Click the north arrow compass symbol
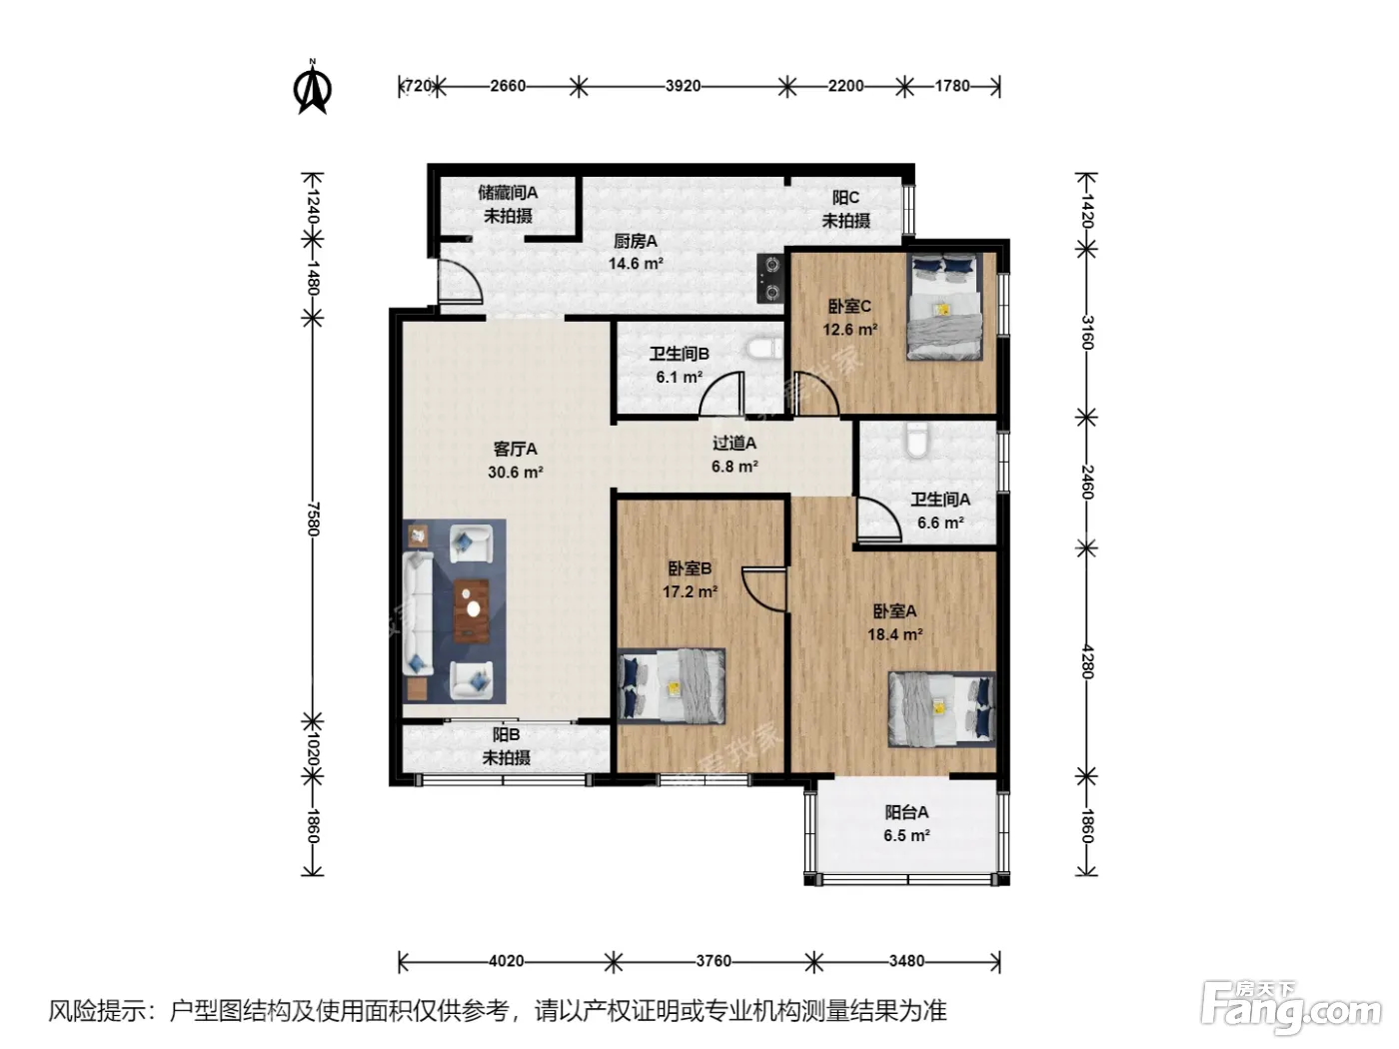tap(313, 87)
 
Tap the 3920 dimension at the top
tap(683, 86)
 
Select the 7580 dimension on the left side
tap(313, 519)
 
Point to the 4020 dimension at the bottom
tap(506, 960)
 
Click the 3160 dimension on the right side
tap(1087, 333)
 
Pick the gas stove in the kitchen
tap(770, 278)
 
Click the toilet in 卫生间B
tap(762, 349)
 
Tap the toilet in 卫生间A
tap(916, 439)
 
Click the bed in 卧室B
tap(672, 686)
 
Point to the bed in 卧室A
tap(942, 709)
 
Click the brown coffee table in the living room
tap(472, 610)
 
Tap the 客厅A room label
tap(515, 449)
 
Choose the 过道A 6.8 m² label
tap(734, 455)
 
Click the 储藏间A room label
tap(508, 192)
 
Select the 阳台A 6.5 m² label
tap(906, 823)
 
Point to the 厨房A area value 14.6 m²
tap(636, 263)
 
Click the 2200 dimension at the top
tap(845, 86)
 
